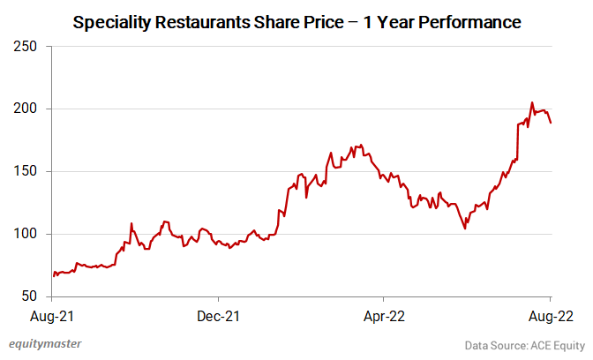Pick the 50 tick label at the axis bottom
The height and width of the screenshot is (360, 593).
[x=29, y=296]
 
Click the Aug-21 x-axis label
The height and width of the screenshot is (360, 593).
[x=53, y=314]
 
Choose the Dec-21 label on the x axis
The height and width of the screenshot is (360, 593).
[x=219, y=314]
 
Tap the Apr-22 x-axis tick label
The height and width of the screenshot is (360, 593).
[x=386, y=314]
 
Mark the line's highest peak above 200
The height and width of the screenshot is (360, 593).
[x=532, y=102]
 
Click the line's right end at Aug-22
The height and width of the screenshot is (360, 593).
[x=552, y=123]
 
